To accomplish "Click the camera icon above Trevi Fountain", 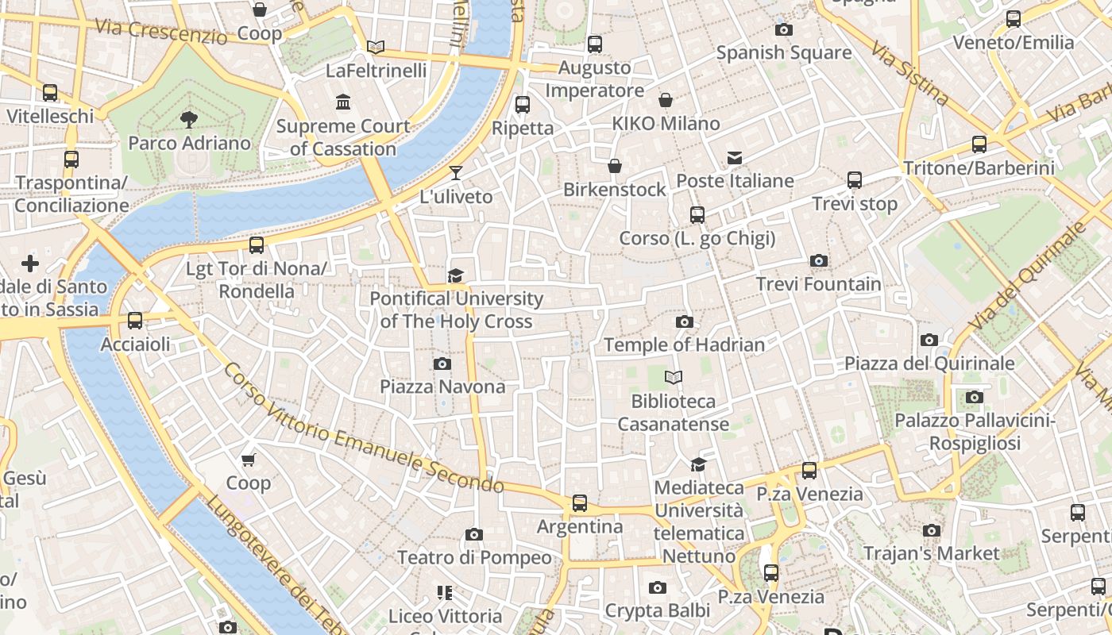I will coord(818,260).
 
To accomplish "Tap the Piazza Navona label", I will coord(442,387).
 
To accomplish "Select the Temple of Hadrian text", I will coord(684,344).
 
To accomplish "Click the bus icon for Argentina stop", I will coord(580,503).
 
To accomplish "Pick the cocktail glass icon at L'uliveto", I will coord(455,172).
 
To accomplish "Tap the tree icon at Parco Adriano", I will coord(189,120).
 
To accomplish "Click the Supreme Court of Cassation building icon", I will coord(343,102).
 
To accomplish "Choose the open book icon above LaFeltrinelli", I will coord(376,47).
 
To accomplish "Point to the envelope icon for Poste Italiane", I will coord(735,157).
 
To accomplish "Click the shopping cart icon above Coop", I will coord(248,460).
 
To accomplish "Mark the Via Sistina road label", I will coord(909,74).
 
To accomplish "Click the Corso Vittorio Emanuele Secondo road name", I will coord(363,429).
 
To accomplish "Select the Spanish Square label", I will coord(783,53).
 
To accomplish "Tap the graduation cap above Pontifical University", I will coord(455,275).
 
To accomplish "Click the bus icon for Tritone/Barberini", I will coord(979,144).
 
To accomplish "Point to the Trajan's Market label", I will coord(931,552).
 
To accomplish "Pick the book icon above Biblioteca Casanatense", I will coord(674,377).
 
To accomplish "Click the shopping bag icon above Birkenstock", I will coord(615,166).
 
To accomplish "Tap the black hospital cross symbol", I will coord(30,263).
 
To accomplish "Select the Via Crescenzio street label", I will coord(160,31).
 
